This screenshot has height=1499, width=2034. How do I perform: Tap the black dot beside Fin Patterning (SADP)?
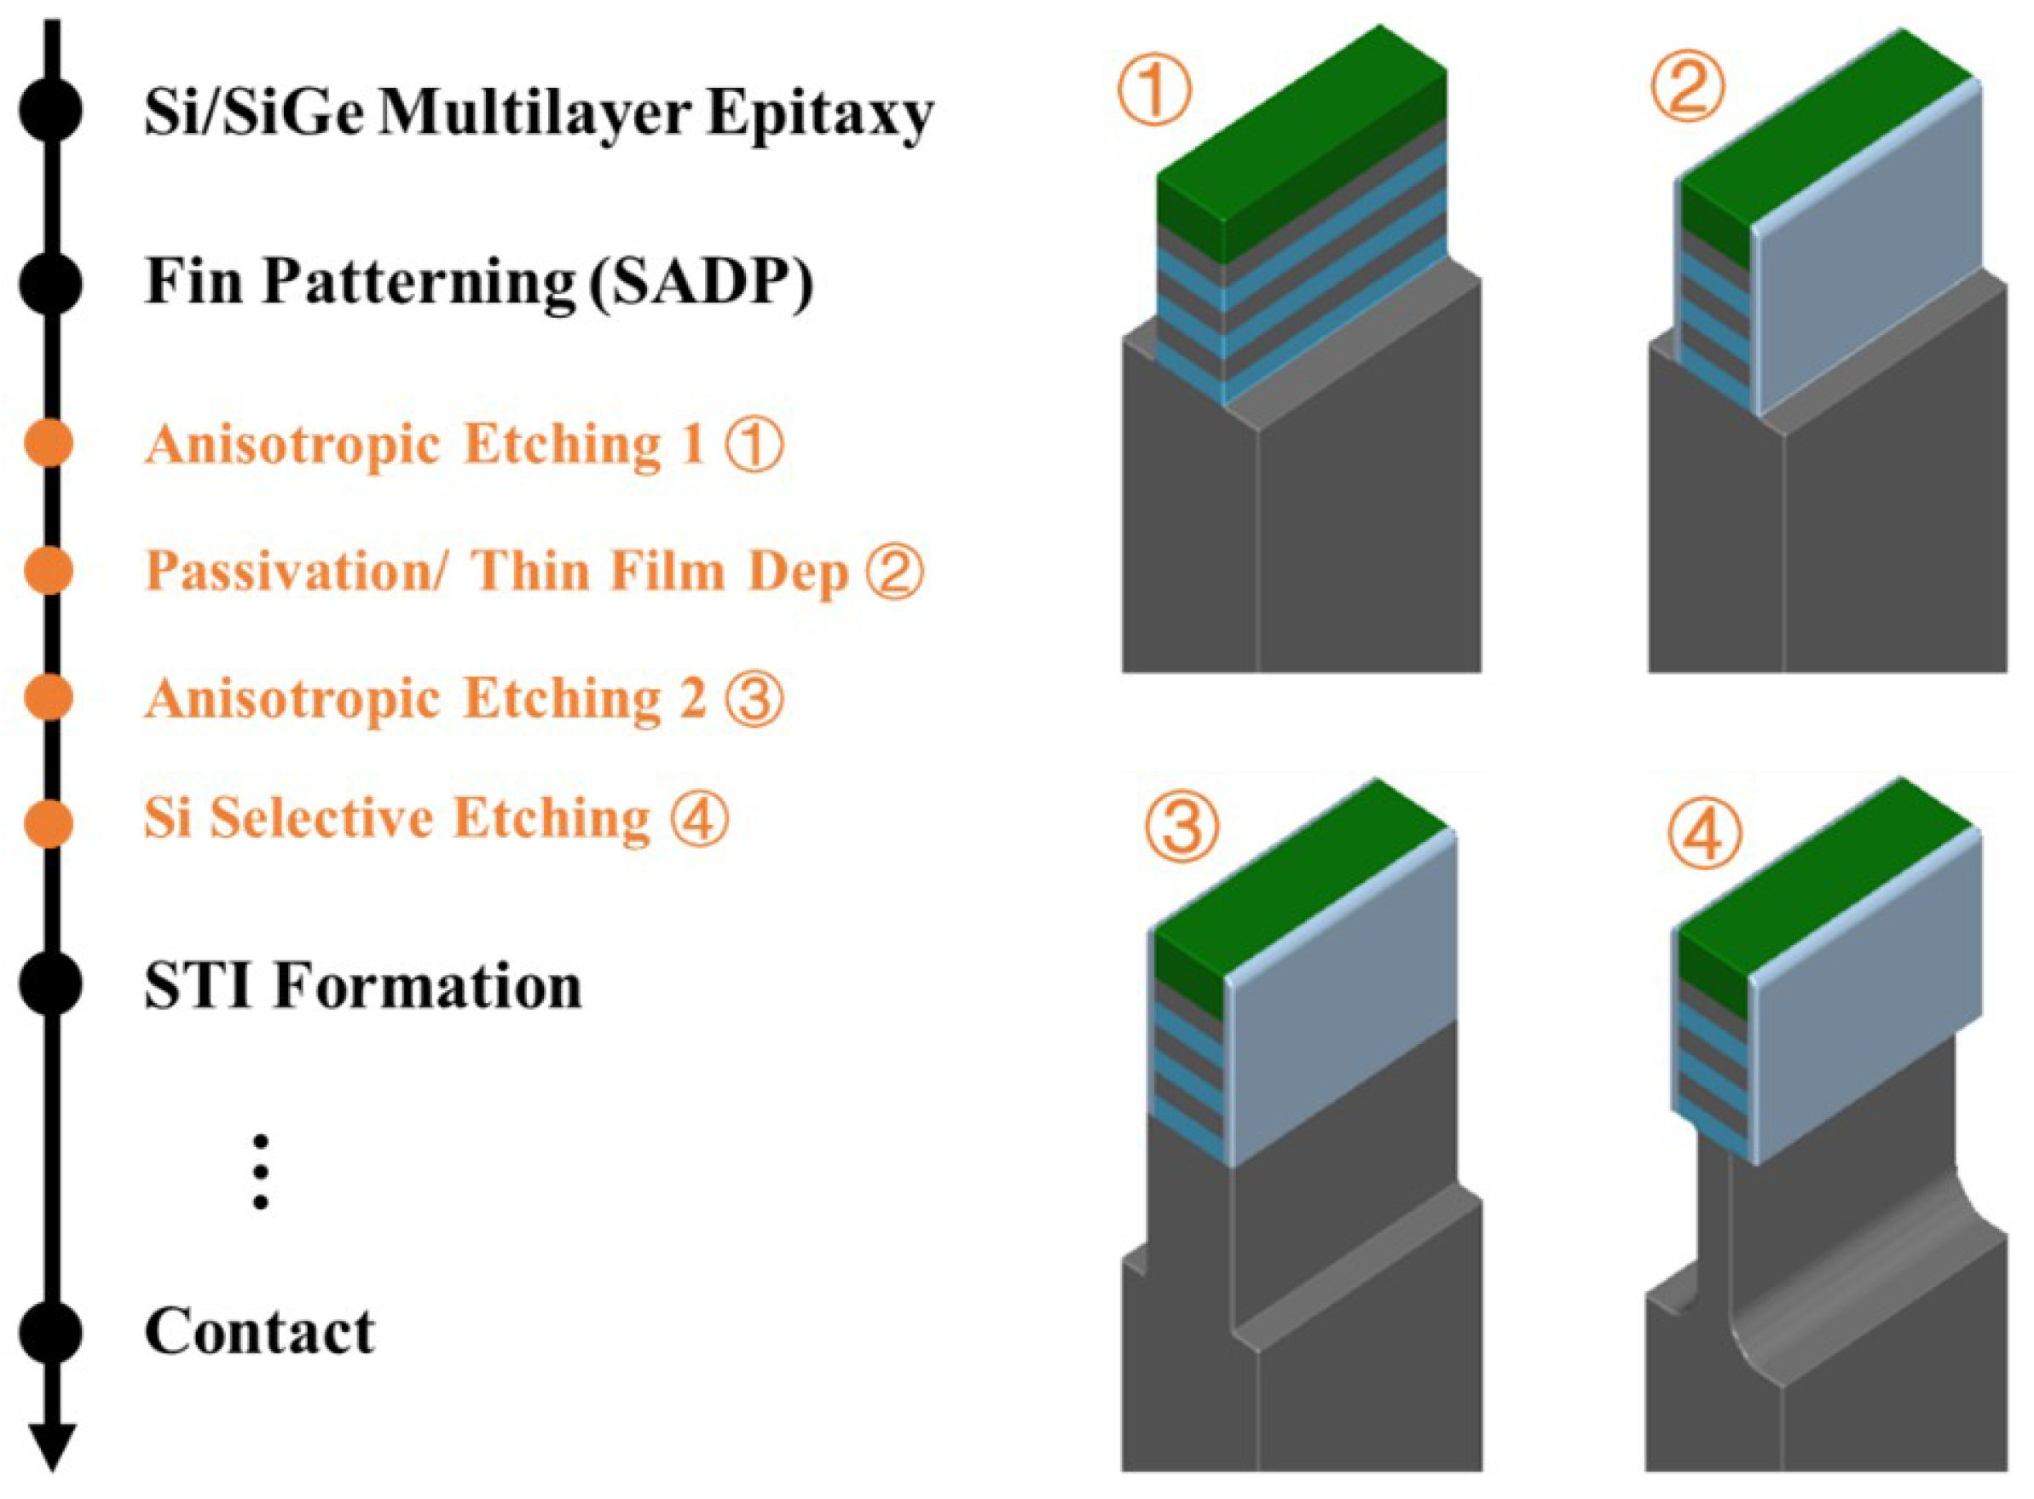pyautogui.click(x=51, y=284)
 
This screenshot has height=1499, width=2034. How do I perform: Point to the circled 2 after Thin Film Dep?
pyautogui.click(x=895, y=572)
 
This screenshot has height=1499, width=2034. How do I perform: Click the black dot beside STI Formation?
pyautogui.click(x=51, y=985)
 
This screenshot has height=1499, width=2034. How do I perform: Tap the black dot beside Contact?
pyautogui.click(x=51, y=1332)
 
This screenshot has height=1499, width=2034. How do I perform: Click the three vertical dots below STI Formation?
pyautogui.click(x=261, y=1172)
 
